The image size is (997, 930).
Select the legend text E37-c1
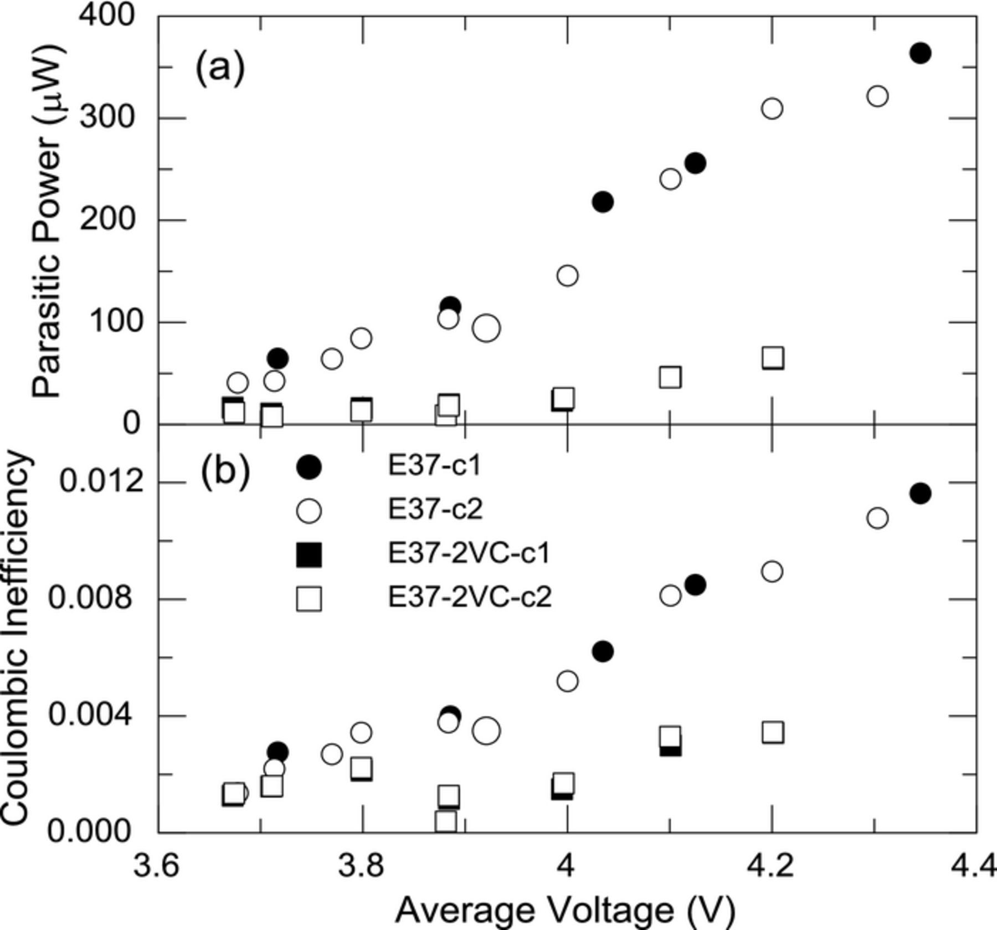coord(434,466)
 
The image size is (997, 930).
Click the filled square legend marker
coord(309,554)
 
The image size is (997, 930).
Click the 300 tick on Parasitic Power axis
coord(107,118)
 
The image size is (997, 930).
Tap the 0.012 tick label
coord(100,482)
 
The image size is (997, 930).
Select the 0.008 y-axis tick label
coord(90,599)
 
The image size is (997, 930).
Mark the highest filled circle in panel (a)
coord(920,53)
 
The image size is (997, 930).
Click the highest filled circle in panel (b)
coord(920,493)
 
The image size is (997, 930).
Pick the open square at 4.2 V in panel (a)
coord(772,358)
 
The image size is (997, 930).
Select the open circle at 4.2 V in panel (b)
coord(772,571)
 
